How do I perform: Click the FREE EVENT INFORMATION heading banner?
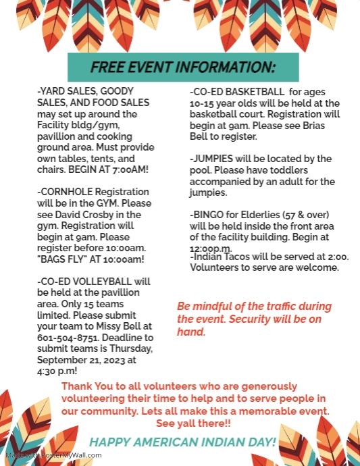183,68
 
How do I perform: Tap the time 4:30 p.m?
57,370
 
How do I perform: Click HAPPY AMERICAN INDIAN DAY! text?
183,442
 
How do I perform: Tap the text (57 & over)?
307,214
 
